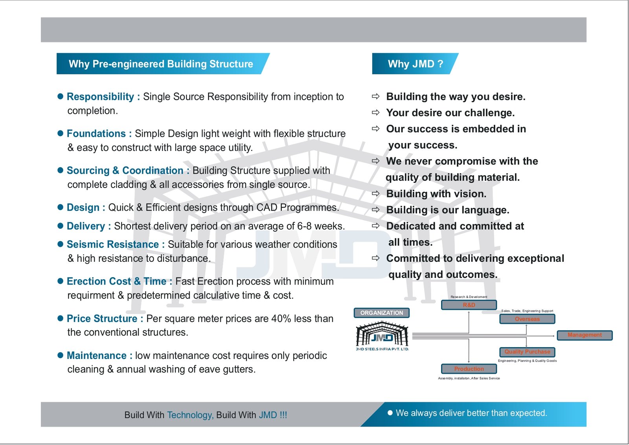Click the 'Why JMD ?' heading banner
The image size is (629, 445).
415,64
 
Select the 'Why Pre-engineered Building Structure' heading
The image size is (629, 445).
161,64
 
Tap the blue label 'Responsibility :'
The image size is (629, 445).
103,97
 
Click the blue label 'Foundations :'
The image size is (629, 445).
99,134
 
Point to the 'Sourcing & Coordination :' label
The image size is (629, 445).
128,171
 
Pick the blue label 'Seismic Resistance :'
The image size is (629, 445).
116,245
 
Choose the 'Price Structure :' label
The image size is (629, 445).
105,318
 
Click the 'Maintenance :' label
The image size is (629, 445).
99,355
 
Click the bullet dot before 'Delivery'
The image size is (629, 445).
61,226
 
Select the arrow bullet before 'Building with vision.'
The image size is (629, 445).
376,193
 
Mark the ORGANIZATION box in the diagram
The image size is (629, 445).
381,313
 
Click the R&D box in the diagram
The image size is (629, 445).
469,305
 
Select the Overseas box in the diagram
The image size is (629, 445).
527,319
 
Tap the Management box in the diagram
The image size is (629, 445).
585,335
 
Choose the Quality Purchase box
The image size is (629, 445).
527,352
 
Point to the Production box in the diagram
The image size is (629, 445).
469,369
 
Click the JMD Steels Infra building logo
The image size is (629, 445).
382,335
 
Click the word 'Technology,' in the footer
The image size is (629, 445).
190,415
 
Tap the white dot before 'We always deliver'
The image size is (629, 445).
390,413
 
